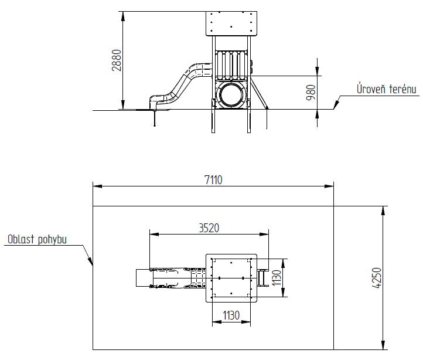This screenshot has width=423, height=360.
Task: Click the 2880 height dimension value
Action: pos(117,60)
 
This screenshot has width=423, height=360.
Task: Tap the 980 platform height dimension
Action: pos(311,93)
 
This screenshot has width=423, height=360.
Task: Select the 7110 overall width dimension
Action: pos(213,180)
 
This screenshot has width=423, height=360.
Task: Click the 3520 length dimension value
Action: pos(209,228)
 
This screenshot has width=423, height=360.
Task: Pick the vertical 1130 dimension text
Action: pos(277,278)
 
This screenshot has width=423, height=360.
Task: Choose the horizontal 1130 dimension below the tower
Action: pos(231,315)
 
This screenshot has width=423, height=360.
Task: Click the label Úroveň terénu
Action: pos(387,89)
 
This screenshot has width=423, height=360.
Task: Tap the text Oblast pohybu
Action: pos(37,239)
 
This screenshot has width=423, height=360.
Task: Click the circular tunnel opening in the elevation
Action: pos(231,94)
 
